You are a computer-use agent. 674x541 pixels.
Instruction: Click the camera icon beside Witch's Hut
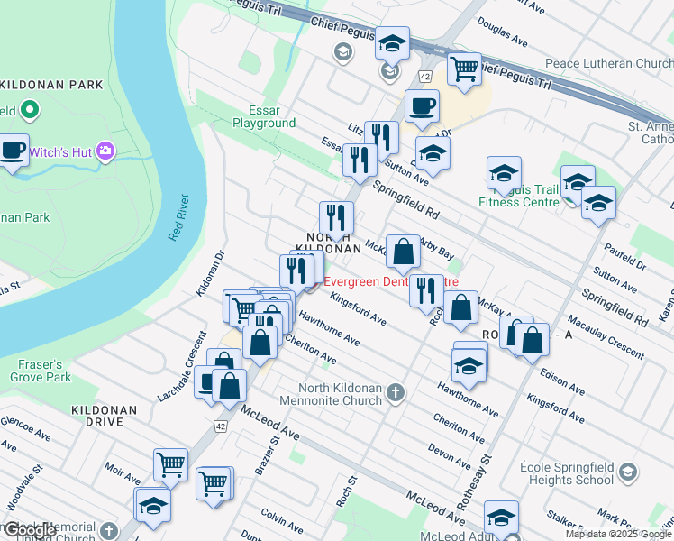107,151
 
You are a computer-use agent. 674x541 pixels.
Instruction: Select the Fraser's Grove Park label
36,370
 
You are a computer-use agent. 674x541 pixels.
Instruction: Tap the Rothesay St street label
484,468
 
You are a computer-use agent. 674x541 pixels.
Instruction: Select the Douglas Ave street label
502,31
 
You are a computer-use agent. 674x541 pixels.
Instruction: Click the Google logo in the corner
29,530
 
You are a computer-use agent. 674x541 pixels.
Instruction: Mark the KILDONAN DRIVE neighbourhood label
105,416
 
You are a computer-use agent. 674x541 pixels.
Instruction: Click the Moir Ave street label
122,468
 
